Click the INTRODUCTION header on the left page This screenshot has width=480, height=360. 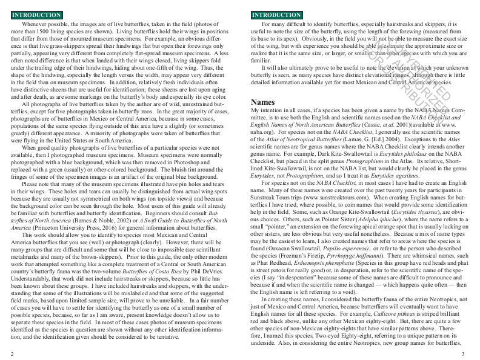(x=36, y=15)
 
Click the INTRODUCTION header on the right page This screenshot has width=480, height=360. (x=276, y=15)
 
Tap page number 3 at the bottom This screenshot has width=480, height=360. (x=462, y=353)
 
